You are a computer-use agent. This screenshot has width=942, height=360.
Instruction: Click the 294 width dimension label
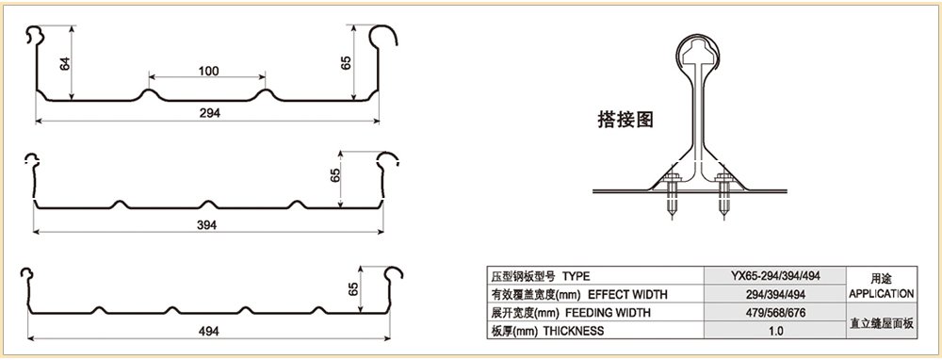click(210, 112)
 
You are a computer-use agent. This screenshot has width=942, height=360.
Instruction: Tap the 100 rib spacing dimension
click(207, 72)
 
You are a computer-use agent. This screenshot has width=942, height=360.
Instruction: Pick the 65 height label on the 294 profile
click(347, 64)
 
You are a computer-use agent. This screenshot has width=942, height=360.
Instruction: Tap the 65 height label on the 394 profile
click(335, 177)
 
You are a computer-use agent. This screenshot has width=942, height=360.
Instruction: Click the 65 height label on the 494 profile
click(352, 289)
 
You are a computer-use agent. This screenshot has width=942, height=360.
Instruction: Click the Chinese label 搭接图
click(626, 119)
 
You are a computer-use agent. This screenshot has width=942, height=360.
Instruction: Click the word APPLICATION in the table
click(880, 294)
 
